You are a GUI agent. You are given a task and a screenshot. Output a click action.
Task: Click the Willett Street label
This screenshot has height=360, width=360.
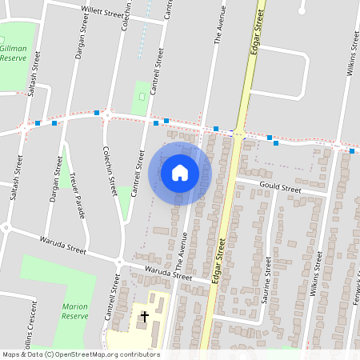click(x=104, y=14)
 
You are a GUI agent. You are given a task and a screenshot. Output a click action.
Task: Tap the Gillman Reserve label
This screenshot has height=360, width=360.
click(x=13, y=54)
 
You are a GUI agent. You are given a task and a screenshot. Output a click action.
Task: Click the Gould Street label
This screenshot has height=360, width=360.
click(x=280, y=190)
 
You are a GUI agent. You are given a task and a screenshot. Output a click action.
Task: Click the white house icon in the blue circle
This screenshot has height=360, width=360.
click(x=180, y=173)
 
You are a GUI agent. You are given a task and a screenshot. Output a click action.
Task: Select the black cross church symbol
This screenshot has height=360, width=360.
click(x=144, y=317)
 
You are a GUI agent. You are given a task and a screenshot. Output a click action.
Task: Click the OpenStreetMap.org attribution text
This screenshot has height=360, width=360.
click(x=81, y=354)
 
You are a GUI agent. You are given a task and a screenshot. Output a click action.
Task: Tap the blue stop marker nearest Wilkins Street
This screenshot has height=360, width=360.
click(x=352, y=150)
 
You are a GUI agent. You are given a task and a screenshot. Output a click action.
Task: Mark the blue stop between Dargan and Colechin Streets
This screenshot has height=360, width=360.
click(x=96, y=113)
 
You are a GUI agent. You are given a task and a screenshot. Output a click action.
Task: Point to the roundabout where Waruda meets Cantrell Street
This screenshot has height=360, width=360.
click(x=118, y=261)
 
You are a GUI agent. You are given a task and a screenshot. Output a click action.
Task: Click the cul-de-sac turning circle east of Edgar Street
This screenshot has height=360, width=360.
click(x=302, y=7)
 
